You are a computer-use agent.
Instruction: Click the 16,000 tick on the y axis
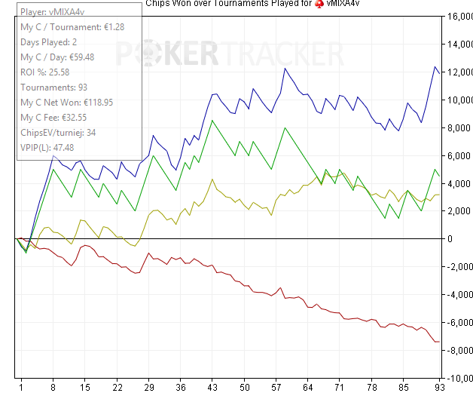pyautogui.click(x=457, y=17)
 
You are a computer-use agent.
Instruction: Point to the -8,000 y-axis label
pyautogui.click(x=457, y=350)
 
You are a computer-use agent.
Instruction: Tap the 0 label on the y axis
pyautogui.click(x=449, y=239)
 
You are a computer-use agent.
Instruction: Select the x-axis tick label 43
pyautogui.click(x=214, y=387)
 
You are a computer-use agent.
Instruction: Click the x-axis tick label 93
pyautogui.click(x=438, y=387)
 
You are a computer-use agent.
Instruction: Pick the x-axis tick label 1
pyautogui.click(x=21, y=387)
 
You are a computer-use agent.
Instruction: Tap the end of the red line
pyautogui.click(x=439, y=342)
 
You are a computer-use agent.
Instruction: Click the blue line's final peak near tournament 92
pyautogui.click(x=435, y=68)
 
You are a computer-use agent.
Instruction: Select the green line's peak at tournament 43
pyautogui.click(x=213, y=121)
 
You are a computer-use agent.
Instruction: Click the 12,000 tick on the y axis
pyautogui.click(x=457, y=72)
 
